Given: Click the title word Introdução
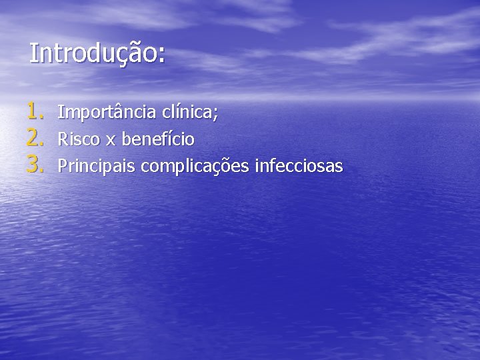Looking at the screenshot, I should click(93, 53).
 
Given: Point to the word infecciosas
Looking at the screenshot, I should click(300, 165).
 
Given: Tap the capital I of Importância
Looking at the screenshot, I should click(61, 112).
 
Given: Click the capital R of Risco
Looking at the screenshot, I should click(63, 139).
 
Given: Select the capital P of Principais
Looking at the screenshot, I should click(63, 165).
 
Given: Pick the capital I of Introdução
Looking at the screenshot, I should click(33, 53).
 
